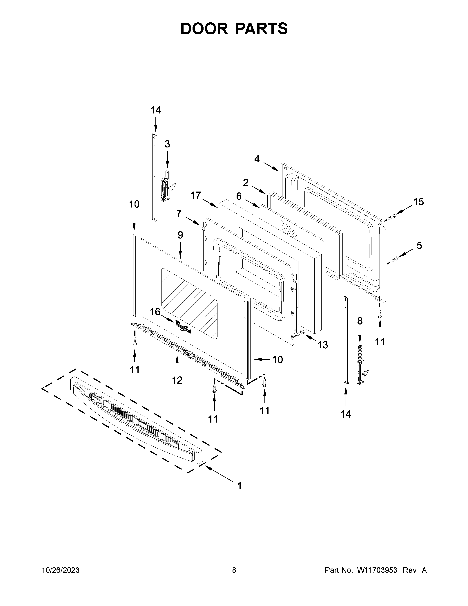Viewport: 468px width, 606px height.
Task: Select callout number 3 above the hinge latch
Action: [167, 144]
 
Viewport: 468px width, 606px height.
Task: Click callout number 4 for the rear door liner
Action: [257, 159]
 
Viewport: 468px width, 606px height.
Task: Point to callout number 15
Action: [418, 202]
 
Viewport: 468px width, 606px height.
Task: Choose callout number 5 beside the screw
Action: [419, 246]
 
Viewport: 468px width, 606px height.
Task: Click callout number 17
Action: [196, 196]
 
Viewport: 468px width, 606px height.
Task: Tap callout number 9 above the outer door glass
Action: [180, 235]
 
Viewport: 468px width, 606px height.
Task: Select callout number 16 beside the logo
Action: [155, 312]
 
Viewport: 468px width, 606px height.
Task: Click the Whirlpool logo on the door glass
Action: [183, 327]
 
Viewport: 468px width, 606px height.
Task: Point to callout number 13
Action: [323, 345]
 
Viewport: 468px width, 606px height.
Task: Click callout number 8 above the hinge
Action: [360, 321]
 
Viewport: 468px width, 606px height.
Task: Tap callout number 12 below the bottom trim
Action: [177, 380]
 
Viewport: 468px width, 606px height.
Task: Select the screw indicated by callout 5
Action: [394, 260]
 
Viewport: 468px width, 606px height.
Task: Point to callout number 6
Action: [239, 196]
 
